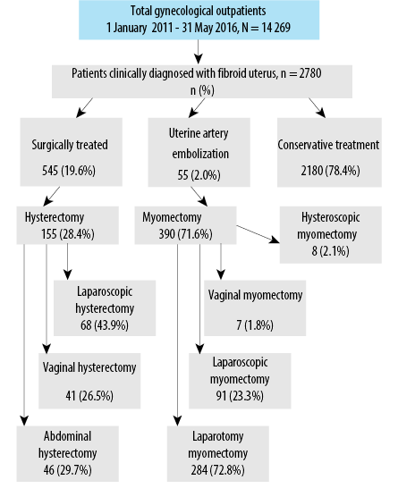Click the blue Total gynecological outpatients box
(x=199, y=20)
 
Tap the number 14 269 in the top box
(x=275, y=28)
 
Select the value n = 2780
(x=301, y=73)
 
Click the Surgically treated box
(x=72, y=152)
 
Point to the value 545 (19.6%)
(x=69, y=171)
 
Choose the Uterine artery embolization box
(x=199, y=152)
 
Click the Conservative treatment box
(x=329, y=153)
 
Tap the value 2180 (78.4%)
(x=330, y=171)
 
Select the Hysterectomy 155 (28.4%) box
(x=68, y=225)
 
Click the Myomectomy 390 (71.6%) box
(x=185, y=225)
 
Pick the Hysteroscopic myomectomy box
(x=331, y=234)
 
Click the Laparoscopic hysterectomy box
(x=105, y=307)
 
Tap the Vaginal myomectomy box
(x=255, y=307)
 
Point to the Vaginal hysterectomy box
(x=89, y=381)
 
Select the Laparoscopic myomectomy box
(x=240, y=381)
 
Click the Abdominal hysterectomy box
(x=68, y=453)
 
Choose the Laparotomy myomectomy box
(x=218, y=453)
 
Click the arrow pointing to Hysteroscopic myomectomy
(x=258, y=234)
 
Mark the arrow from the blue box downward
(x=199, y=52)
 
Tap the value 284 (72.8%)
(x=218, y=470)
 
